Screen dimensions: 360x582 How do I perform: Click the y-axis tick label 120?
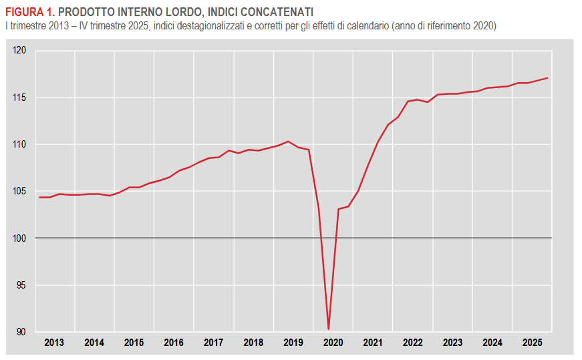(19, 51)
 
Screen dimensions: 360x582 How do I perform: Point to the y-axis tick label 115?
(19, 98)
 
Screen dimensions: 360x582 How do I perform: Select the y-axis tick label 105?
(19, 192)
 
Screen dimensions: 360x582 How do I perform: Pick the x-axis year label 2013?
(54, 343)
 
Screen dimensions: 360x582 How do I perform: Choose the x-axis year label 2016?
(174, 343)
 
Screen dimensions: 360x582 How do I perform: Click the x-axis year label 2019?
(293, 343)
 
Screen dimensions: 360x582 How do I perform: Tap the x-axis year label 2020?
(333, 343)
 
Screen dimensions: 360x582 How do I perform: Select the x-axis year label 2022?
(413, 343)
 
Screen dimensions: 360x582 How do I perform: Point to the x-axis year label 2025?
(533, 343)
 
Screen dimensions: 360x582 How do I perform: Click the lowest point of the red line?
(328, 329)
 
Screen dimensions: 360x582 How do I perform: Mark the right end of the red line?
(548, 78)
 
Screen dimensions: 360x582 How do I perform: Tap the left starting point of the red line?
(39, 197)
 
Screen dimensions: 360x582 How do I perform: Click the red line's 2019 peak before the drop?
(288, 141)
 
